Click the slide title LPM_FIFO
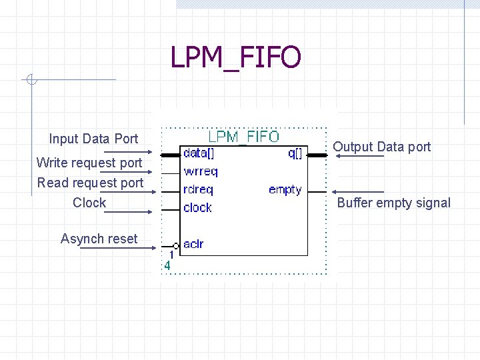(235, 57)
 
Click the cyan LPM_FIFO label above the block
(244, 137)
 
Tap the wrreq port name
(200, 171)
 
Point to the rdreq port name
(198, 189)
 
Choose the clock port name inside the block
(197, 207)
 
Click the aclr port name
(193, 244)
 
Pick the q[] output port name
(294, 153)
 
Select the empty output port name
(285, 190)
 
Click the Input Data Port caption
(93, 139)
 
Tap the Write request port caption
(89, 163)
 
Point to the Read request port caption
(90, 183)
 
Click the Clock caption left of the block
(89, 203)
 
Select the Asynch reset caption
(99, 239)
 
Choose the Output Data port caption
(382, 147)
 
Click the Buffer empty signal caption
(394, 203)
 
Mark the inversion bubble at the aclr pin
(175, 245)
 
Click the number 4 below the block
(167, 265)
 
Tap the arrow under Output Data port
(359, 156)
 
